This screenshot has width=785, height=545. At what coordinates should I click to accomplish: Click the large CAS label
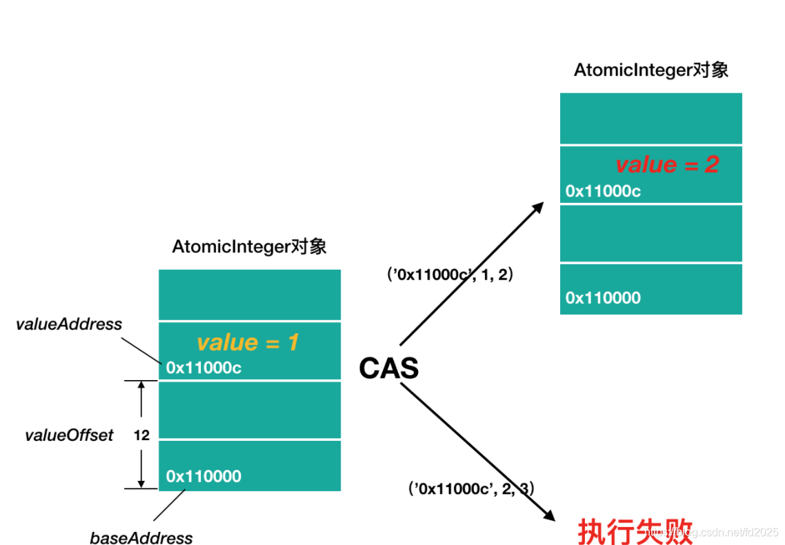(x=388, y=369)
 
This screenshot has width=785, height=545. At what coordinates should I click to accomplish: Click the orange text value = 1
(x=248, y=342)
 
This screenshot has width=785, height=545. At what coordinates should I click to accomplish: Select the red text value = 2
(x=667, y=164)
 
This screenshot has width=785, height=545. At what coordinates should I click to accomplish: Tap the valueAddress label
(x=69, y=324)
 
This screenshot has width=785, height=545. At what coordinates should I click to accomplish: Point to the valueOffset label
(x=69, y=435)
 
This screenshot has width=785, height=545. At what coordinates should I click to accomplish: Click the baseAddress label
(x=141, y=538)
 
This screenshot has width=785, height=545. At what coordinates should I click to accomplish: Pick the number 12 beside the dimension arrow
(x=141, y=435)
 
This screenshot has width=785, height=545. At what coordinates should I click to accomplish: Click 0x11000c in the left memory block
(x=203, y=368)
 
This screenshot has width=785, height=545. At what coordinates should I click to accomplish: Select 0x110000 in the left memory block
(x=203, y=476)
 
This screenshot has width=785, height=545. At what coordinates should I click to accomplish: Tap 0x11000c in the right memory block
(x=603, y=191)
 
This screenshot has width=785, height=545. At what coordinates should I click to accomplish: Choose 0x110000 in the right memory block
(x=603, y=298)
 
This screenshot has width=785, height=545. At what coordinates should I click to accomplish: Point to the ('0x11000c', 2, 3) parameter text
(x=471, y=488)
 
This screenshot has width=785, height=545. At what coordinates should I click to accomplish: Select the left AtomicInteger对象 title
(x=249, y=247)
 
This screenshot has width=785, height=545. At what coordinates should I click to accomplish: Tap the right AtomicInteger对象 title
(x=650, y=70)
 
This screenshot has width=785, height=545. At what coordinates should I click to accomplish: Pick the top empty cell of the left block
(x=250, y=295)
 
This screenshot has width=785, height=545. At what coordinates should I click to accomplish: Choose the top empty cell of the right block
(x=650, y=119)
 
